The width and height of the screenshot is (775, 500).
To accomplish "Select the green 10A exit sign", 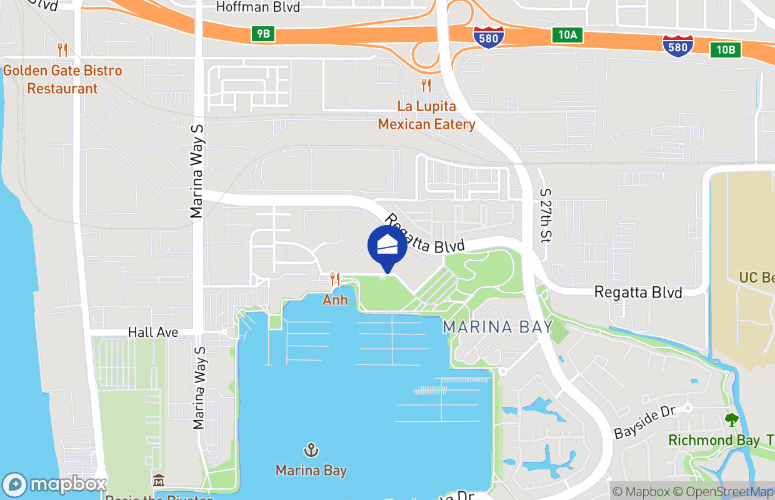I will tap(567, 35).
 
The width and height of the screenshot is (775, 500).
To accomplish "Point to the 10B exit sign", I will tap(726, 49).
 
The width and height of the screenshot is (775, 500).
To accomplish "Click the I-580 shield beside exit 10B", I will tap(677, 45).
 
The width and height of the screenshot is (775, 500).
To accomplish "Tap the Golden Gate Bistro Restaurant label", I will tap(62, 79).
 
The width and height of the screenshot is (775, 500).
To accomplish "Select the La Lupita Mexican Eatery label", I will tap(426, 116).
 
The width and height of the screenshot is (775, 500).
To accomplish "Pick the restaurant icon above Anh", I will tap(335, 279).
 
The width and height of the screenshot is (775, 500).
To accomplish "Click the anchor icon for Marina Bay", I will tap(311, 449).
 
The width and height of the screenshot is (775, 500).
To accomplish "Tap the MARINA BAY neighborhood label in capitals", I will tap(497, 327).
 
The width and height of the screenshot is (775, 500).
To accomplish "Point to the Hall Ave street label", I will tap(153, 332).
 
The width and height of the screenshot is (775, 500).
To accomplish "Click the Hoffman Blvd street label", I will tap(257, 7).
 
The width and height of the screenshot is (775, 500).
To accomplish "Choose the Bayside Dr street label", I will tap(645, 424).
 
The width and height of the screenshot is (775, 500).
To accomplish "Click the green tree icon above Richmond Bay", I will tap(731, 419).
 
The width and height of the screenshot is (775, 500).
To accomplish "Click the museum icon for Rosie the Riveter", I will tap(159, 481).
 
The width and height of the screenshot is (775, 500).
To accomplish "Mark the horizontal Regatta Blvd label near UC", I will tap(638, 292).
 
